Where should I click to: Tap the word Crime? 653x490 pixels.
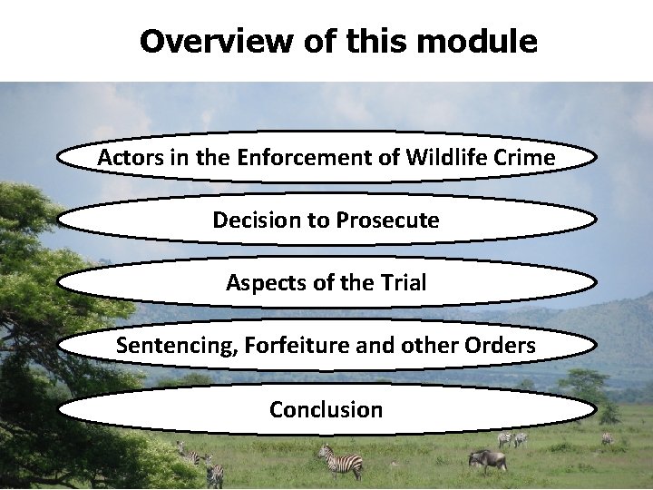click(525, 158)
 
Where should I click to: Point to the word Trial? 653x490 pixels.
click(400, 283)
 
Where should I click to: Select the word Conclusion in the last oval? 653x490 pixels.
click(326, 409)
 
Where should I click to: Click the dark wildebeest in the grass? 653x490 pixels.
click(487, 459)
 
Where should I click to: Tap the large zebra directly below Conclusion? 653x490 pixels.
click(342, 461)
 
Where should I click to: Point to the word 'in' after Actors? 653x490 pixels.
click(171, 158)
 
